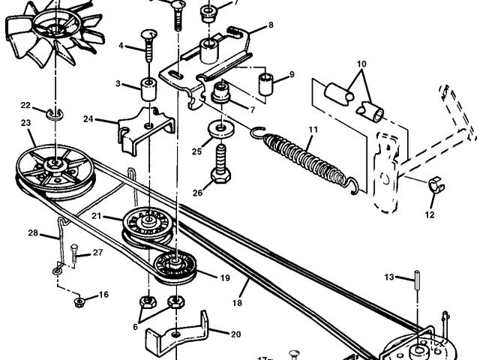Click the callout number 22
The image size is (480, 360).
tap(25, 105)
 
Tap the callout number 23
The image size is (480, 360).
tap(25, 123)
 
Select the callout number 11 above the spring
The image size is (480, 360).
tap(313, 129)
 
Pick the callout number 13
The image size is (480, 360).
tap(388, 277)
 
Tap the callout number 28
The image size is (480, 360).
tap(33, 233)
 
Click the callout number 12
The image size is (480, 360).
tap(430, 215)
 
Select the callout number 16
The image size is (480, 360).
tap(103, 295)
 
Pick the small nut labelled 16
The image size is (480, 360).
tap(79, 302)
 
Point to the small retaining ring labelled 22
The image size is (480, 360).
tap(55, 113)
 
